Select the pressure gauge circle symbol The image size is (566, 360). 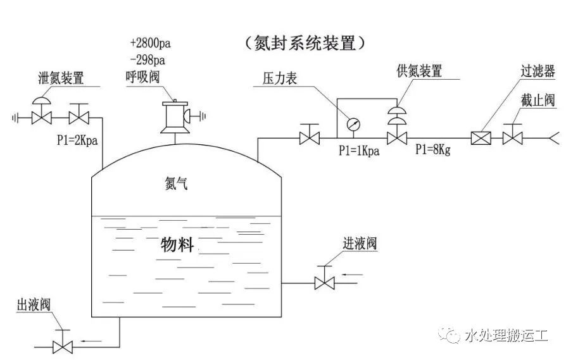pyautogui.click(x=352, y=125)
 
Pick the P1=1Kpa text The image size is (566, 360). pyautogui.click(x=358, y=151)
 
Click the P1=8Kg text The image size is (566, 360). pyautogui.click(x=433, y=150)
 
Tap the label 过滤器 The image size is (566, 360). pyautogui.click(x=538, y=71)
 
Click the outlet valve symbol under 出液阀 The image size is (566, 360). pyautogui.click(x=63, y=346)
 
